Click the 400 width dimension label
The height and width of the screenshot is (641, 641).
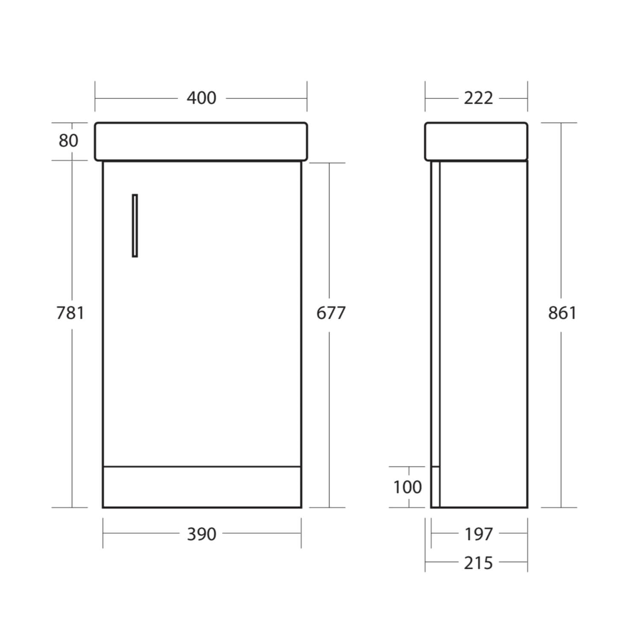click(x=201, y=98)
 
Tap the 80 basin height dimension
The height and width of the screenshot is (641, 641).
click(x=68, y=141)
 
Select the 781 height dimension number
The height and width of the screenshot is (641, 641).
click(x=71, y=313)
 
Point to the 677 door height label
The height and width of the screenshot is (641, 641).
click(x=330, y=313)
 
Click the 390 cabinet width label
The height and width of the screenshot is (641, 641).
click(x=201, y=534)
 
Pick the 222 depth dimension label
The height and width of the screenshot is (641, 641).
click(x=478, y=98)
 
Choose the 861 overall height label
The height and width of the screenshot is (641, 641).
click(x=562, y=313)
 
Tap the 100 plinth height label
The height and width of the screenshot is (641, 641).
click(x=407, y=487)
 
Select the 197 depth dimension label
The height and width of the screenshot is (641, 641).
click(x=478, y=534)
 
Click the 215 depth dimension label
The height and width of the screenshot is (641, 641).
click(x=478, y=563)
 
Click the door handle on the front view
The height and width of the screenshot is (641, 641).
click(x=135, y=226)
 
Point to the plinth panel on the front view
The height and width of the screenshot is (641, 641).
click(x=202, y=487)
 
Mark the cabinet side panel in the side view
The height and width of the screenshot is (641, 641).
click(x=483, y=333)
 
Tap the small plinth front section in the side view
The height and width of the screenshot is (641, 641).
click(x=435, y=487)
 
